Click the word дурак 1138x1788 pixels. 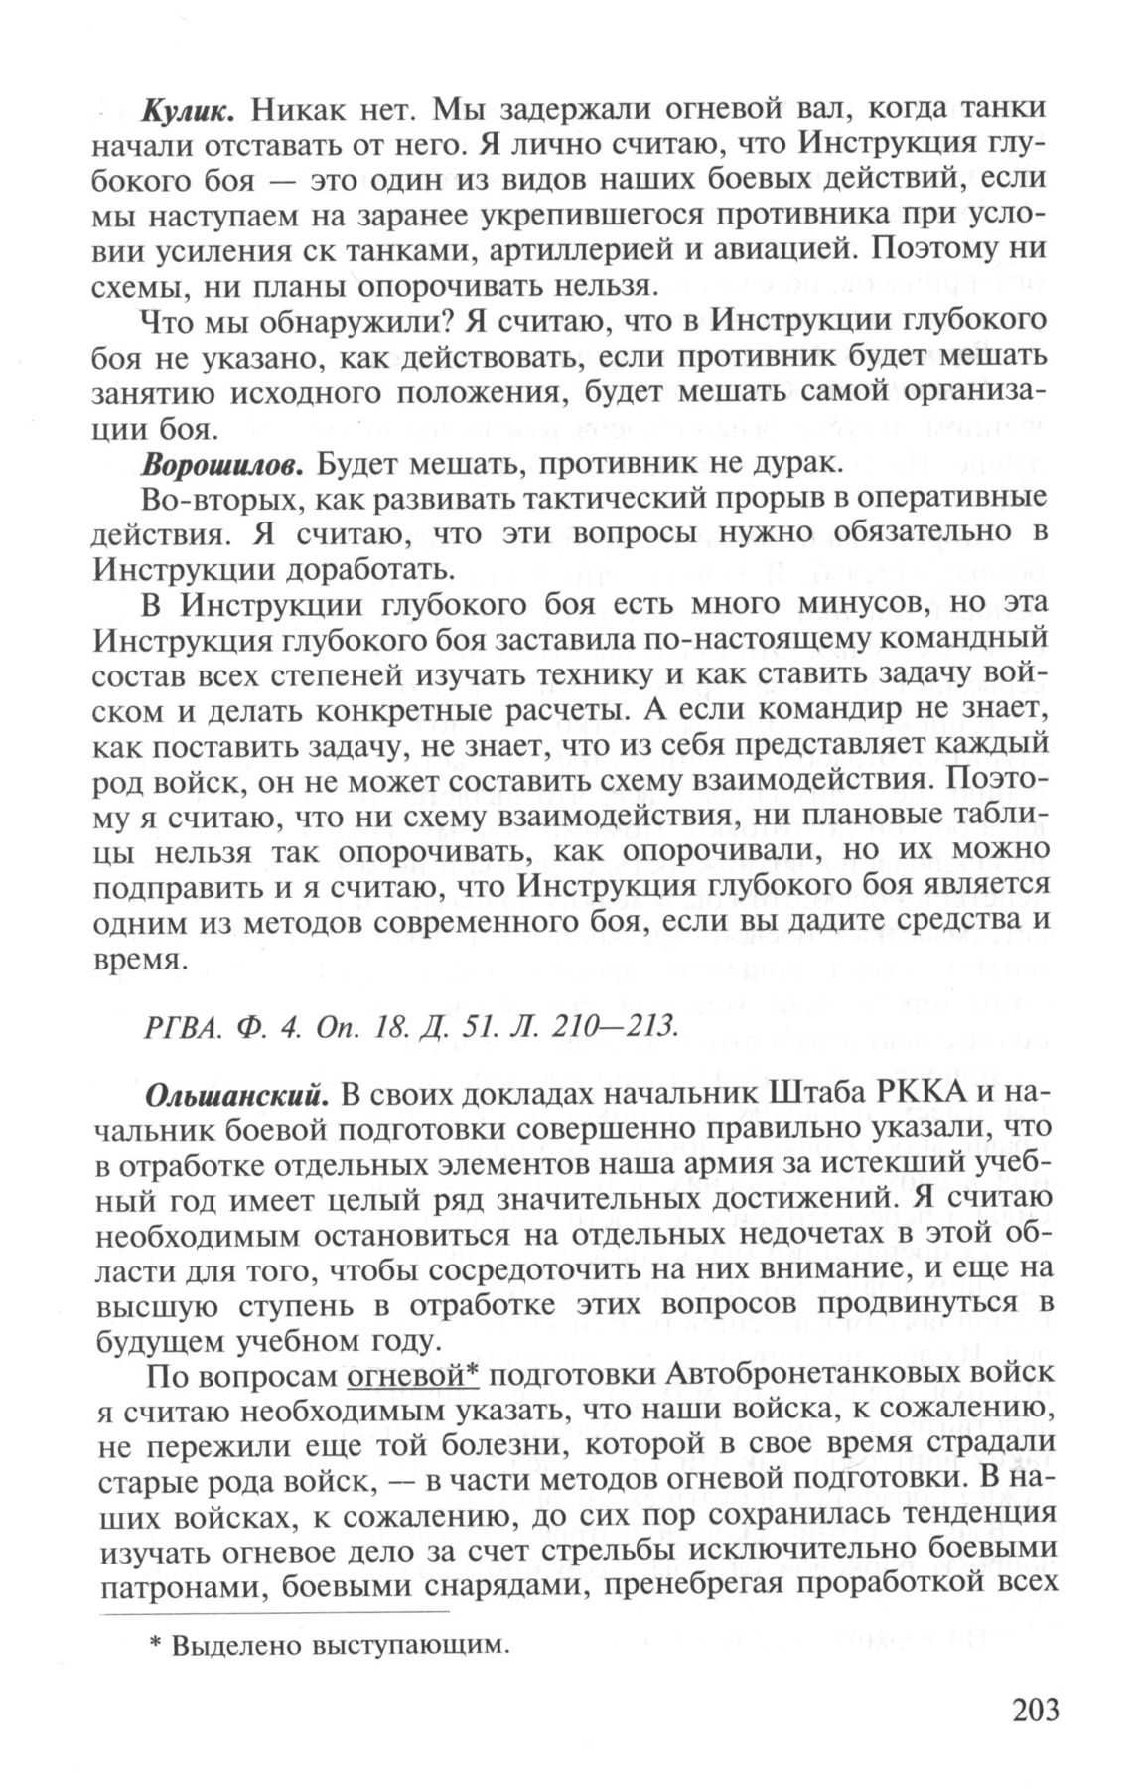point(794,465)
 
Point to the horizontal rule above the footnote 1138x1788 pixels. point(275,1611)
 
